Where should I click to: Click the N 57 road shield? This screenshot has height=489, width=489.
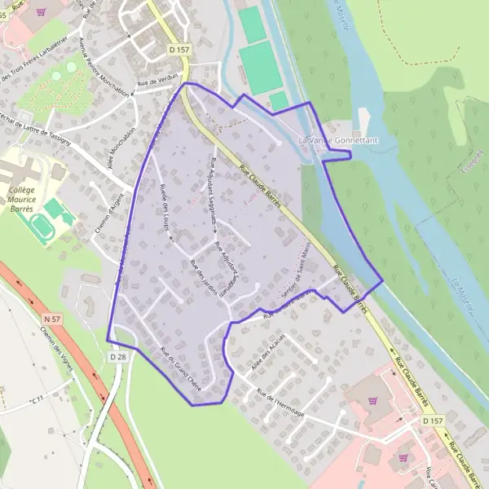click(x=53, y=318)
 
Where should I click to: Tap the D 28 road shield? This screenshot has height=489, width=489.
click(x=119, y=357)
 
